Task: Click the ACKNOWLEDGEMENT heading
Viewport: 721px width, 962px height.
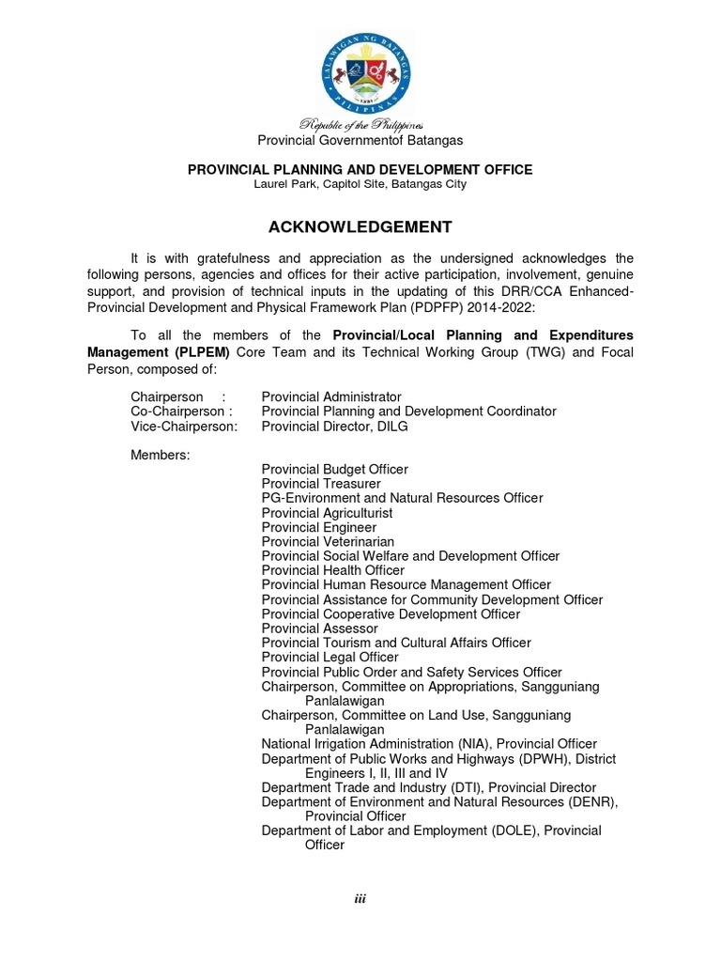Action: click(x=360, y=227)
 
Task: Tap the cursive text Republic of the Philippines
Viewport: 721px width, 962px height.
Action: click(x=361, y=125)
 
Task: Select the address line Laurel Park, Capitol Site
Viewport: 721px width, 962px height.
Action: click(x=360, y=184)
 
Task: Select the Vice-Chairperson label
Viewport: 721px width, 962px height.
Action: click(x=184, y=427)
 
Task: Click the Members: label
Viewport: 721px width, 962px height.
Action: click(x=160, y=455)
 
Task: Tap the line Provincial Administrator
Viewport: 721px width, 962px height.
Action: click(x=331, y=397)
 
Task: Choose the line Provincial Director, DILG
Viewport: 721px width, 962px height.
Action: click(x=335, y=427)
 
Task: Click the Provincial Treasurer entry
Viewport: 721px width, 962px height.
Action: click(x=321, y=484)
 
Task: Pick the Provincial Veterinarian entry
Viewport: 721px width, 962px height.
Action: click(x=328, y=542)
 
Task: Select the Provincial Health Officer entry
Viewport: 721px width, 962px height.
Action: click(x=333, y=570)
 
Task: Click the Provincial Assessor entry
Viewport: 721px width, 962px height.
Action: click(x=320, y=628)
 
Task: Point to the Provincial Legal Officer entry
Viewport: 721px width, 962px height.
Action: click(x=330, y=658)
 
